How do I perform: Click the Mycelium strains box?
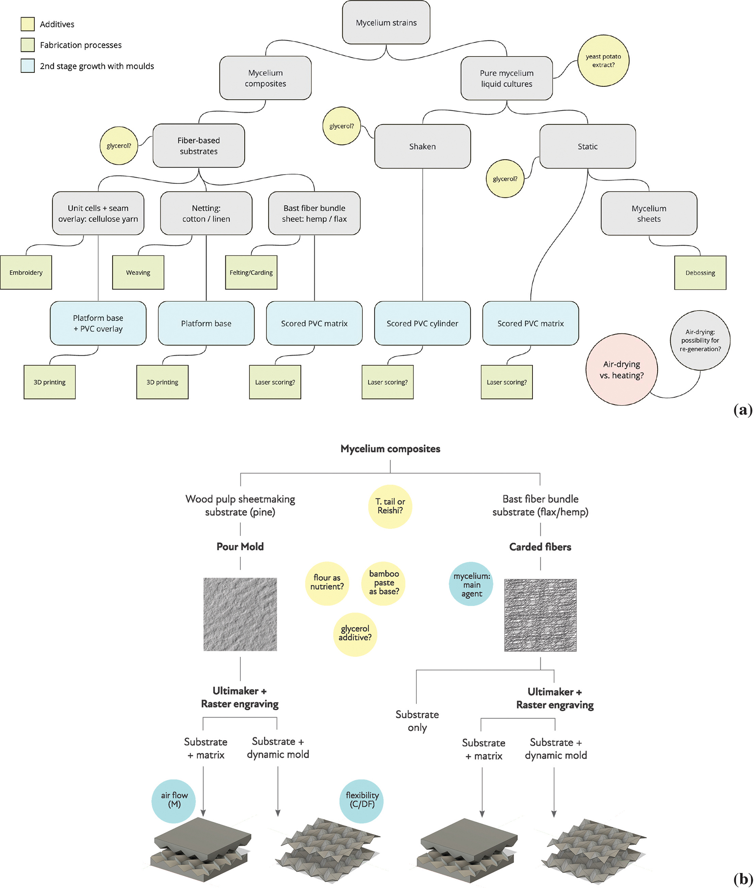386,23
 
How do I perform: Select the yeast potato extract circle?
603,61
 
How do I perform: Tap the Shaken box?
422,147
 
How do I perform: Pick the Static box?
587,147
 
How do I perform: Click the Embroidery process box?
26,273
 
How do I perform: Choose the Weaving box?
138,273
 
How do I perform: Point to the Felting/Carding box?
251,273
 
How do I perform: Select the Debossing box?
700,273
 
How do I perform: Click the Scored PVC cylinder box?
422,323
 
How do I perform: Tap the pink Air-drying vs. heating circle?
622,369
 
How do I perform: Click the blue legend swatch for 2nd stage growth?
28,66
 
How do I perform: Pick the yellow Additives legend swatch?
28,24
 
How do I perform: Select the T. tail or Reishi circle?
390,506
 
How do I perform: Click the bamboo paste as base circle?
384,583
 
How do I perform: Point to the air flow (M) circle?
174,800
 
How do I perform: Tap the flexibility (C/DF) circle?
362,800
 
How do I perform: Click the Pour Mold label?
240,547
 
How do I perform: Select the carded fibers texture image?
540,615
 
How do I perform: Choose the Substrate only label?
417,721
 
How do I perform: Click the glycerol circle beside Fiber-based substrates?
119,146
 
